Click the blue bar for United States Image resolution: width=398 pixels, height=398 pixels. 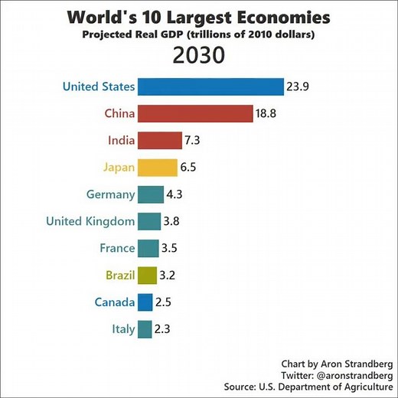pos(210,86)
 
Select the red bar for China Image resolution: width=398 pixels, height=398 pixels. pos(195,113)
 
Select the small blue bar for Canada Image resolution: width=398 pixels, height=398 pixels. pos(145,302)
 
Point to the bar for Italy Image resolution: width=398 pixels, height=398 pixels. pos(145,329)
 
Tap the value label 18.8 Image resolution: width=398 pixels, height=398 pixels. pos(267,113)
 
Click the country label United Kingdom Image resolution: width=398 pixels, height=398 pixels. pos(90,221)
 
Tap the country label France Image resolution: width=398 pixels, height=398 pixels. pos(117,248)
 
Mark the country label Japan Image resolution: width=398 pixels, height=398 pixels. pos(119,167)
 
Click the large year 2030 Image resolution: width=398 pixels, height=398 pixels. pos(199,56)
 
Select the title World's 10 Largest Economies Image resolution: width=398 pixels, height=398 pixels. pos(199,17)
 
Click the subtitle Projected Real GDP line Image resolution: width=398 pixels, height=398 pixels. pos(199,34)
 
